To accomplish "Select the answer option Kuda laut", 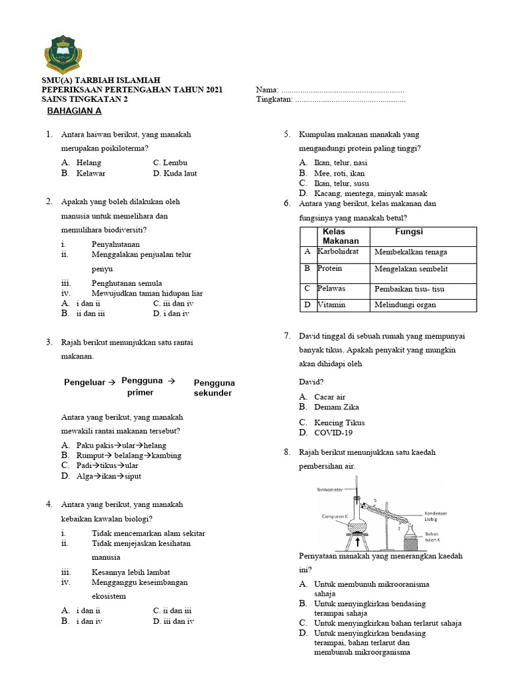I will (x=175, y=173).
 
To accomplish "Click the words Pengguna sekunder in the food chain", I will (x=214, y=388).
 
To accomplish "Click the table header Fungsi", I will (x=409, y=232).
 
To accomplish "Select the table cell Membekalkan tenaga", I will (x=410, y=252).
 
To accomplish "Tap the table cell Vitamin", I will (x=331, y=305).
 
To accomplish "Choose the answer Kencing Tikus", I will (x=339, y=422).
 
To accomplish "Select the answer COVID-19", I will (x=333, y=433).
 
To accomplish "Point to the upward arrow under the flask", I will (x=357, y=542).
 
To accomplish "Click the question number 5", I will (x=288, y=135).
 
